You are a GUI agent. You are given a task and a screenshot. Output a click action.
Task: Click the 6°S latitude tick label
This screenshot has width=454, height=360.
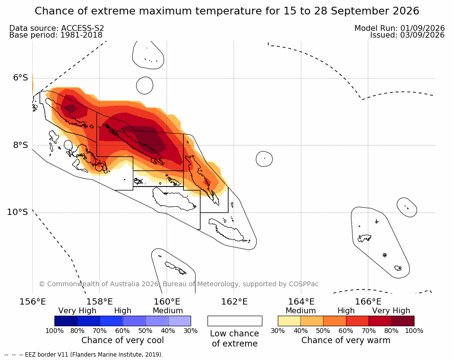pos(21,78)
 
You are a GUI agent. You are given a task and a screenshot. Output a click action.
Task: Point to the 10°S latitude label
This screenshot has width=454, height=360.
pos(18,212)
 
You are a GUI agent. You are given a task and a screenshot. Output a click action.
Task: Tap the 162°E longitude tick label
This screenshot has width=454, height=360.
pos(234,302)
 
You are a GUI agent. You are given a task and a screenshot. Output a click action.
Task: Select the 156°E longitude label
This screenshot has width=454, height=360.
pos(33,302)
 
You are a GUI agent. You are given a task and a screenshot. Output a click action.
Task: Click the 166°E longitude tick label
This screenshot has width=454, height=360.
pos(368,302)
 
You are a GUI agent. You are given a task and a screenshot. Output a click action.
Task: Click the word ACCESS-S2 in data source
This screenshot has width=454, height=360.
pos(82,28)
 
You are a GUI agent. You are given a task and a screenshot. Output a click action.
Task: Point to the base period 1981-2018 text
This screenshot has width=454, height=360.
pos(81,35)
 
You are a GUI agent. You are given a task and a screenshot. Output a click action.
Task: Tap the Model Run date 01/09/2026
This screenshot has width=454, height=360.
pos(422,28)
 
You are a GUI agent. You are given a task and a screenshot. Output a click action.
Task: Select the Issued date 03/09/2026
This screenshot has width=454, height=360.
pos(422,35)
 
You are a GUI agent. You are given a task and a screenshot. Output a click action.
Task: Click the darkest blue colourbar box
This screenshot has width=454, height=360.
pos(66,321)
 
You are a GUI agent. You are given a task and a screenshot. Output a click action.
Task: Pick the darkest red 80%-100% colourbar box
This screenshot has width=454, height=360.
pos(403,321)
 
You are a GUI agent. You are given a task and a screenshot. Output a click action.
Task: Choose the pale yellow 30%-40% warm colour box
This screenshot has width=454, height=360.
pos(289,321)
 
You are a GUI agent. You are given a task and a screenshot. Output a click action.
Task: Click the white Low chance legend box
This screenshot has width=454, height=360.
pos(235,321)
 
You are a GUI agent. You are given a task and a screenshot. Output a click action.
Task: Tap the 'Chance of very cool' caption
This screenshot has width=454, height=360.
pos(122,340)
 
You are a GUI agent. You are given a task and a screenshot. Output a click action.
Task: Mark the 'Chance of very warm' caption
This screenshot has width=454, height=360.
pos(346,340)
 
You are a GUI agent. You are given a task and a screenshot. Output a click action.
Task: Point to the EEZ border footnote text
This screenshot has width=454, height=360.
pos(94,355)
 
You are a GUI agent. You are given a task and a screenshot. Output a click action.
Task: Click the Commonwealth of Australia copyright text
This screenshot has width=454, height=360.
pos(179,284)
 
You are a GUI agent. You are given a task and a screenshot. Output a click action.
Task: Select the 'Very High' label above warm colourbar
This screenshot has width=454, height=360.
pos(391,310)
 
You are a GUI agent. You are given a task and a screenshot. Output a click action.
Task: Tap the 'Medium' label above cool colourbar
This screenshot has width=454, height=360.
pos(168,310)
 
